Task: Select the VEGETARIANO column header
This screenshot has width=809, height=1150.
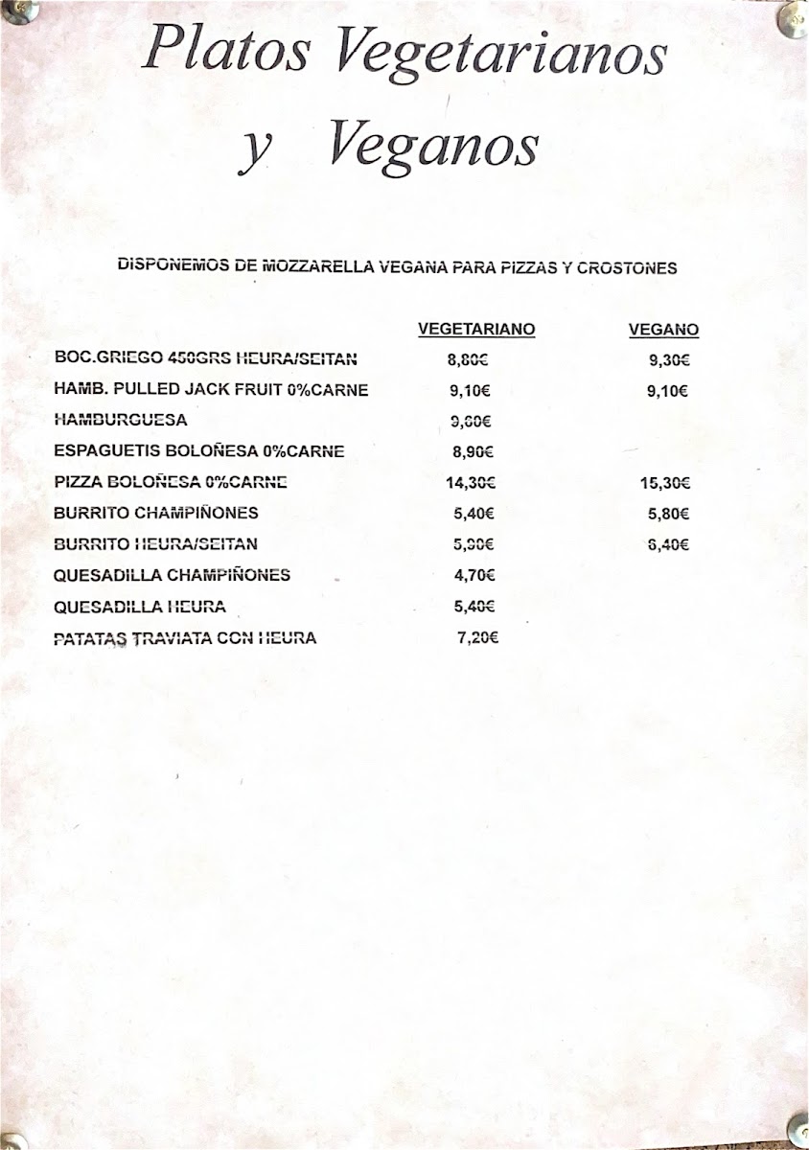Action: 476,330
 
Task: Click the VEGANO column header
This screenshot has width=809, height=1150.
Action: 663,330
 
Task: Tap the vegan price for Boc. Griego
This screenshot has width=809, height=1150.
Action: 669,360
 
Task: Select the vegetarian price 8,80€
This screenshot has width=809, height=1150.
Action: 468,360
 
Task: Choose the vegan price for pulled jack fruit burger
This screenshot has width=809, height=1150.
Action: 668,391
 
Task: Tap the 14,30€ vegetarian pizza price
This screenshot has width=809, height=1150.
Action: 470,483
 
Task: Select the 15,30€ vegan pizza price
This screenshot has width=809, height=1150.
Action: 664,483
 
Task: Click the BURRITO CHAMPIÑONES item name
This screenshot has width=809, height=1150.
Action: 156,513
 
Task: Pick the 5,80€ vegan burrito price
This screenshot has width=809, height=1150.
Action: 669,514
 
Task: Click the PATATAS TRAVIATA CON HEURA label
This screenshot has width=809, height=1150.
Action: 185,637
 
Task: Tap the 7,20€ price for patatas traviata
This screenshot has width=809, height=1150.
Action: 478,637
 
